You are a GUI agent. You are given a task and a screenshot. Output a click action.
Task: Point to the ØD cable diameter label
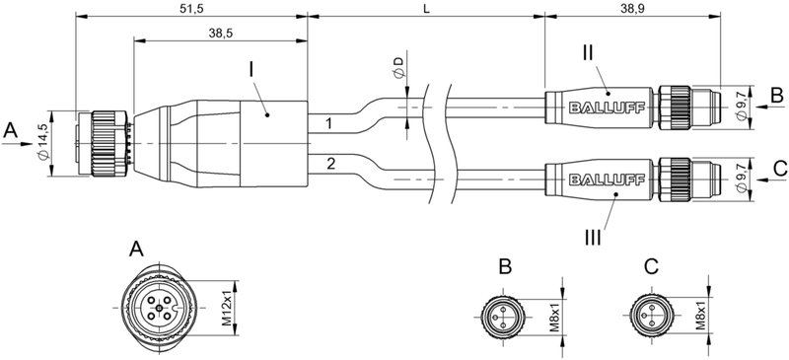397,68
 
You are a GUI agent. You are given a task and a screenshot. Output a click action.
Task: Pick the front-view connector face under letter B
503,316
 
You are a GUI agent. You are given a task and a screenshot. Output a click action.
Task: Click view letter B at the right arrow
776,96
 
